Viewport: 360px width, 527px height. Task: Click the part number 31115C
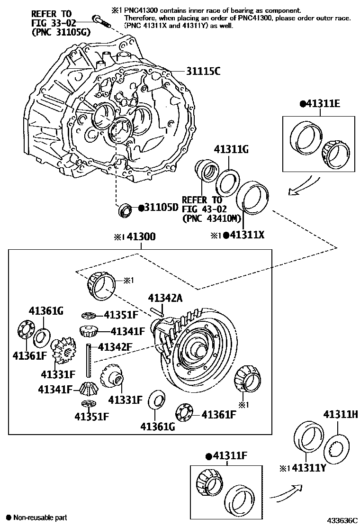194,73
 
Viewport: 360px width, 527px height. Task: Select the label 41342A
166,298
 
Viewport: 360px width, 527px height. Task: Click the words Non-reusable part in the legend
40,518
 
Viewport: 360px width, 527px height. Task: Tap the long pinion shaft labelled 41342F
89,360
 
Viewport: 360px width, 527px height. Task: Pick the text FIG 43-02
201,209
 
